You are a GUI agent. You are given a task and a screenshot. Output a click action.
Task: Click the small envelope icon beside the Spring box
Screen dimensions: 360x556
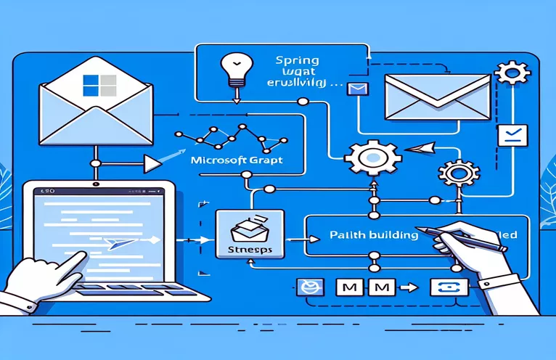point(356,89)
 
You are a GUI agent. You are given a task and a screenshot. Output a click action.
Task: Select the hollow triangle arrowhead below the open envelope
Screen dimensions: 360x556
point(152,165)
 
